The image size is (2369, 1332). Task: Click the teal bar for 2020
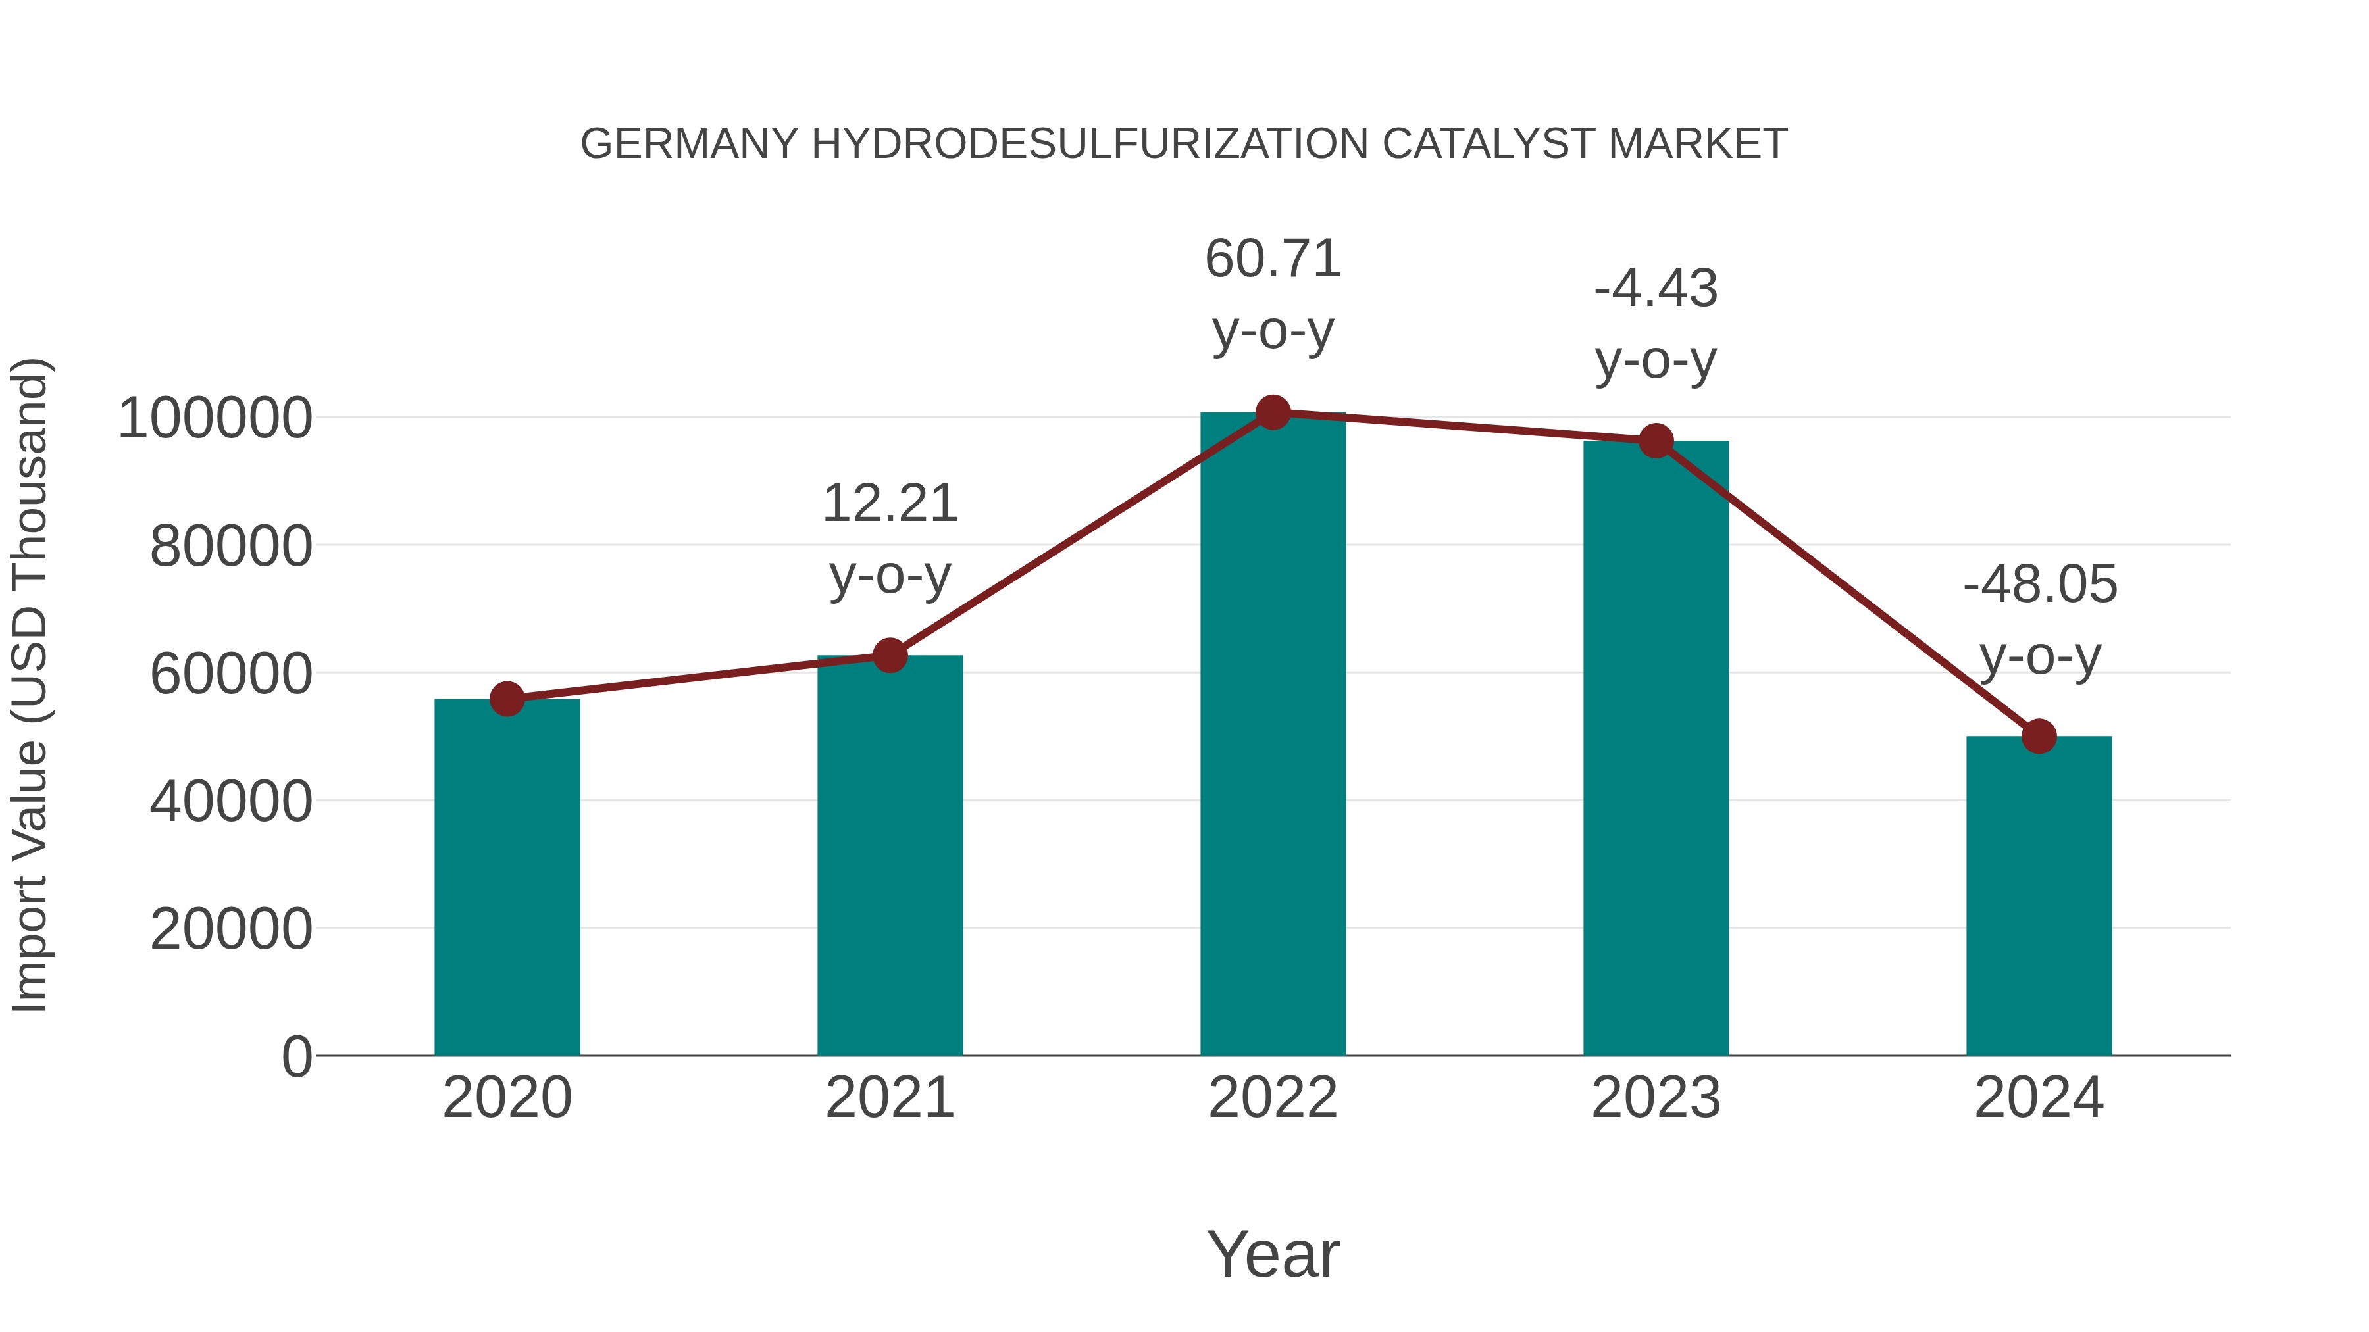[507, 878]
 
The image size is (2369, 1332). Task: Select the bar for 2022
[1273, 735]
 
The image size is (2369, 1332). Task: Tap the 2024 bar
[2039, 897]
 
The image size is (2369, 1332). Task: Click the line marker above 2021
[889, 655]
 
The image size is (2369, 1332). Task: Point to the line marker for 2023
[1656, 441]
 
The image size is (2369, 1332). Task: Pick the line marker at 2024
[2039, 736]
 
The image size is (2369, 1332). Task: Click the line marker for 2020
[507, 700]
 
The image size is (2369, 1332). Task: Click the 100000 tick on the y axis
[215, 418]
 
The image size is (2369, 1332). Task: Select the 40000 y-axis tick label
[231, 802]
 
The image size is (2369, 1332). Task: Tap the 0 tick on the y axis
[296, 1057]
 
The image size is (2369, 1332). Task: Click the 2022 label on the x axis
[1273, 1098]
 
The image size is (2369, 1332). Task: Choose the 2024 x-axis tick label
[2039, 1098]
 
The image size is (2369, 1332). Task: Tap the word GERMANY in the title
[690, 144]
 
